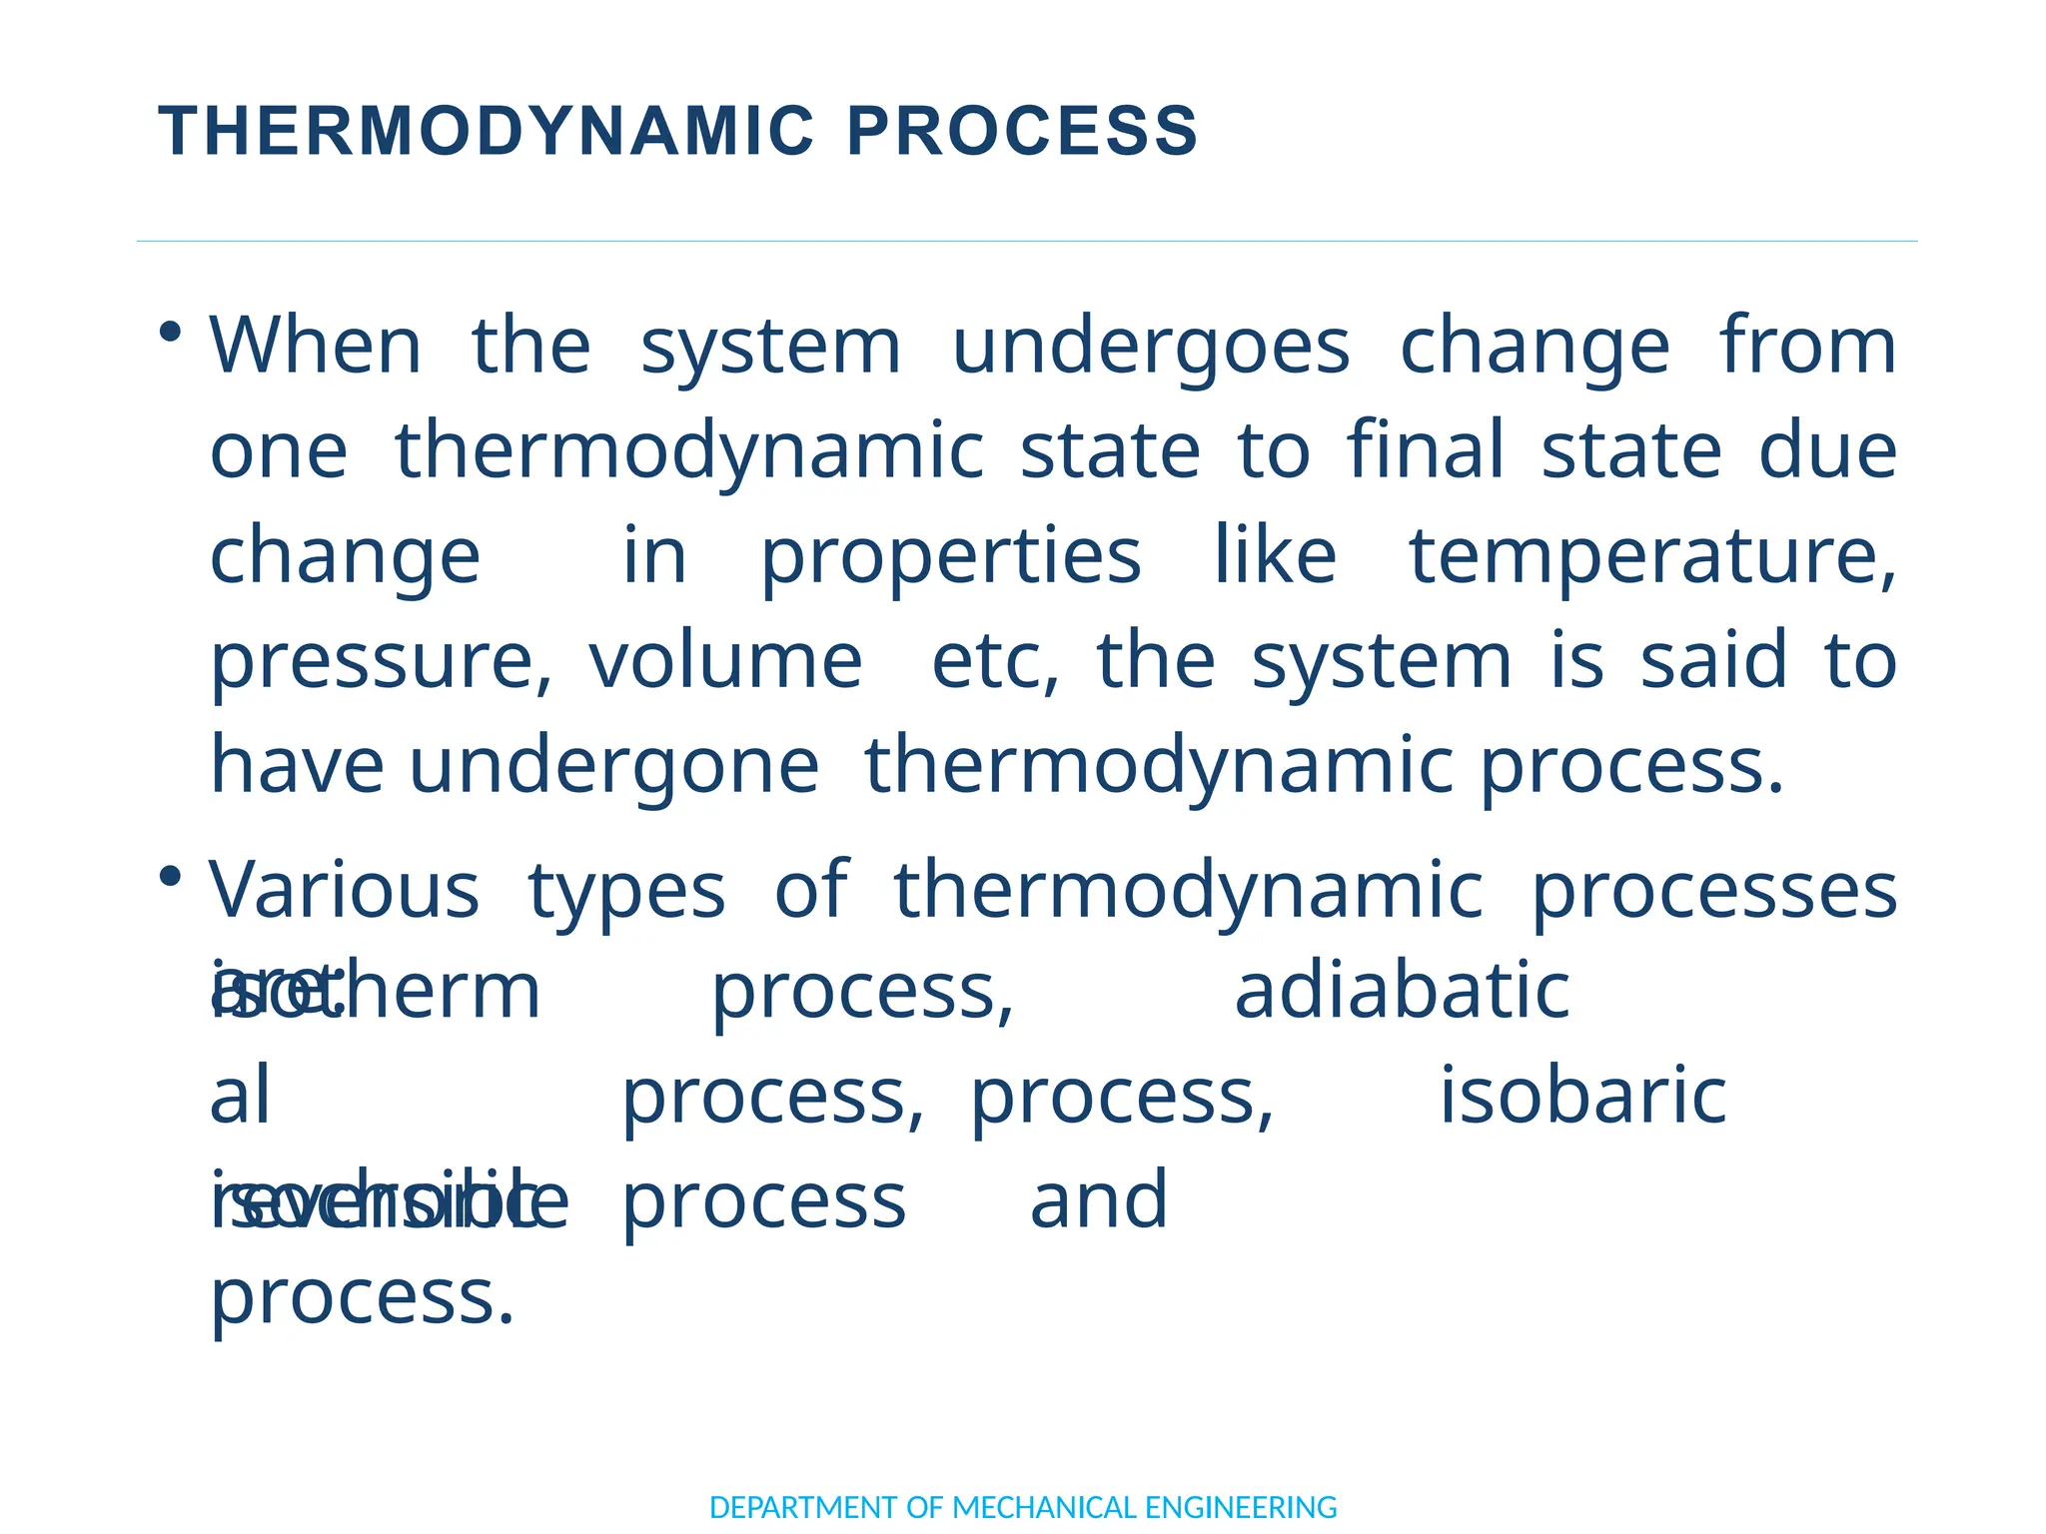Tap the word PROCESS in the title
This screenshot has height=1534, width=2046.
tap(1022, 132)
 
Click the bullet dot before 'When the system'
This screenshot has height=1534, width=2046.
tap(171, 332)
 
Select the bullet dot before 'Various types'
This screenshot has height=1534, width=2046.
tap(171, 877)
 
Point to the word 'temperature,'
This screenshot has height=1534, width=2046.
tap(1651, 557)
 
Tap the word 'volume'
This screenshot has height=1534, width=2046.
tap(725, 663)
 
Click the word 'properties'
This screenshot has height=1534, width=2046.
tap(950, 557)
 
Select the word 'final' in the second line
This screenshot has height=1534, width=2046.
tap(1425, 451)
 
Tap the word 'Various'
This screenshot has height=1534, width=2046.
tap(344, 891)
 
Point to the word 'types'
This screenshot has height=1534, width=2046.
tap(626, 891)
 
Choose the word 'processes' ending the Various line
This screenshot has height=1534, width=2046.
tap(1713, 891)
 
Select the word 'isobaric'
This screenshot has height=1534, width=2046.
tap(1582, 1097)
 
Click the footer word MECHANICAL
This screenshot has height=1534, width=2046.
tap(1044, 1507)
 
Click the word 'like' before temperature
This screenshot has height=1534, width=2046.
tap(1275, 557)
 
